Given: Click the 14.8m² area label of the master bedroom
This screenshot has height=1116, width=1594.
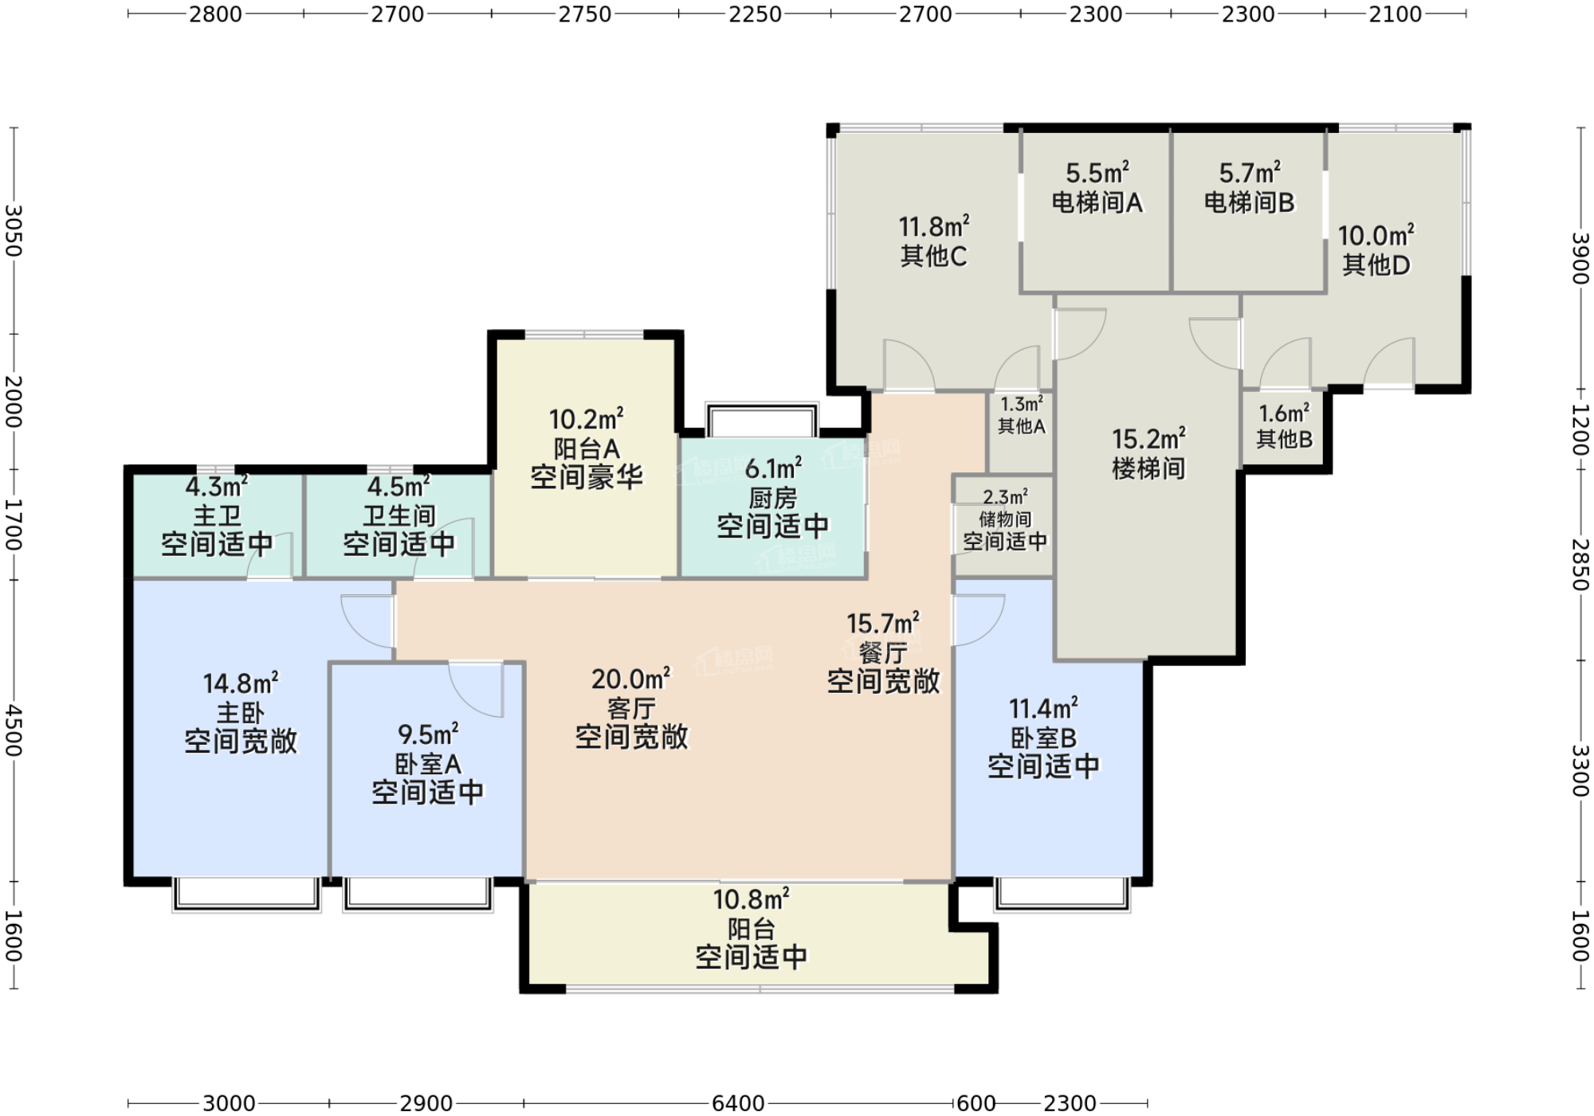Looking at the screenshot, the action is coord(241,683).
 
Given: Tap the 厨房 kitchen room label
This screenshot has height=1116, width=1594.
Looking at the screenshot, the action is coord(772,499).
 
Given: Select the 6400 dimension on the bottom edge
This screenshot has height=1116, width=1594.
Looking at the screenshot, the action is coord(738,1103).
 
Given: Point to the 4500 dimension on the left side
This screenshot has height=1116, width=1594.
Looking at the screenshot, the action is coord(14,730).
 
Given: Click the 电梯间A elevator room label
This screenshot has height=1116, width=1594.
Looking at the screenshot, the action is coord(1097,202).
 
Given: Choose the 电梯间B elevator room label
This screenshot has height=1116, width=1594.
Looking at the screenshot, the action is coord(1250,202).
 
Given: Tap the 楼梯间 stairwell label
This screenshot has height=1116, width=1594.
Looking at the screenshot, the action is coord(1148,468).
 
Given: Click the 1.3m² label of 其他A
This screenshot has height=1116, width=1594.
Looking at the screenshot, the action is coord(1022,404).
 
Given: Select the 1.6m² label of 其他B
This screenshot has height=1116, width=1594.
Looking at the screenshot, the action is coord(1284,413).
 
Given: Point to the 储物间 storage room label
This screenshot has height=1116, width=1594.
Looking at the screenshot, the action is coord(1005,519).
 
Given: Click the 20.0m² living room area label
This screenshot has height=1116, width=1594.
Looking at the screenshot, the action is coord(631,679).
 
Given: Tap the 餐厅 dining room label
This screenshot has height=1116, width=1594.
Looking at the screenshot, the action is coord(883,653).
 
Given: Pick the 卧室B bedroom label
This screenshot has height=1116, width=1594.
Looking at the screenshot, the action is coord(1043,738).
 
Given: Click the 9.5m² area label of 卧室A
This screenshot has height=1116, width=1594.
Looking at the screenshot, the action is coord(428,734).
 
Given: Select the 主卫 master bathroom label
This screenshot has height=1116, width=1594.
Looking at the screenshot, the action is coord(217,515).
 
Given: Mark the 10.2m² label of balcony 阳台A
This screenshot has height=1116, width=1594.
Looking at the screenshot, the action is coord(587,419).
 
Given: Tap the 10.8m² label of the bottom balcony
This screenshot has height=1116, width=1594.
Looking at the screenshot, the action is coord(751,899).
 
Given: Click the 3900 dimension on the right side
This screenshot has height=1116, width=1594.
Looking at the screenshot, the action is coord(1580,257).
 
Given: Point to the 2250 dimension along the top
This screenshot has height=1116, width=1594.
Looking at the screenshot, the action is coord(755,14).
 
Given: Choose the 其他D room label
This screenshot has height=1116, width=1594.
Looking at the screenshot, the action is coord(1376,264).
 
